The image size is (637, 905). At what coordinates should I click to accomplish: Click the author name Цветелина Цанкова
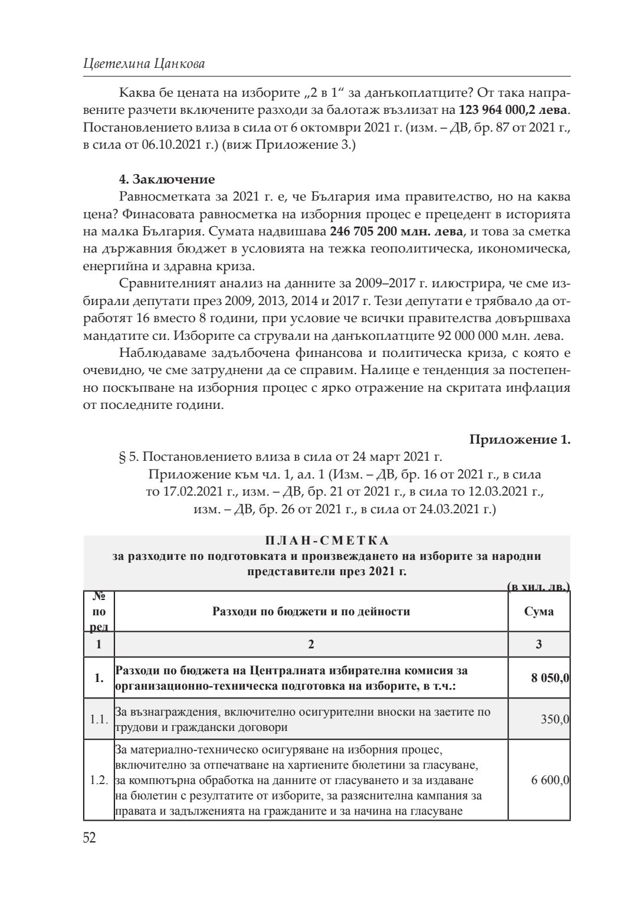tap(144, 64)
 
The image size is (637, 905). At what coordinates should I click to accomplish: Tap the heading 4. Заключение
tap(167, 179)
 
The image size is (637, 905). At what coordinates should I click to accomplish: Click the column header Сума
tap(539, 611)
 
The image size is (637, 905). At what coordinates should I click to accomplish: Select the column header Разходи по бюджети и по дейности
tap(311, 611)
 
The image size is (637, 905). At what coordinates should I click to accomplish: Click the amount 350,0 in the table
tap(555, 719)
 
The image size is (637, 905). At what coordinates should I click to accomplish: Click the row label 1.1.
tap(98, 719)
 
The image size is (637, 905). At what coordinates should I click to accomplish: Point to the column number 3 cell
tap(539, 644)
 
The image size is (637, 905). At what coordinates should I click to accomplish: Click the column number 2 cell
tap(311, 644)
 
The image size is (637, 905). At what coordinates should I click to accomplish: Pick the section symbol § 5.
tap(130, 457)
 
